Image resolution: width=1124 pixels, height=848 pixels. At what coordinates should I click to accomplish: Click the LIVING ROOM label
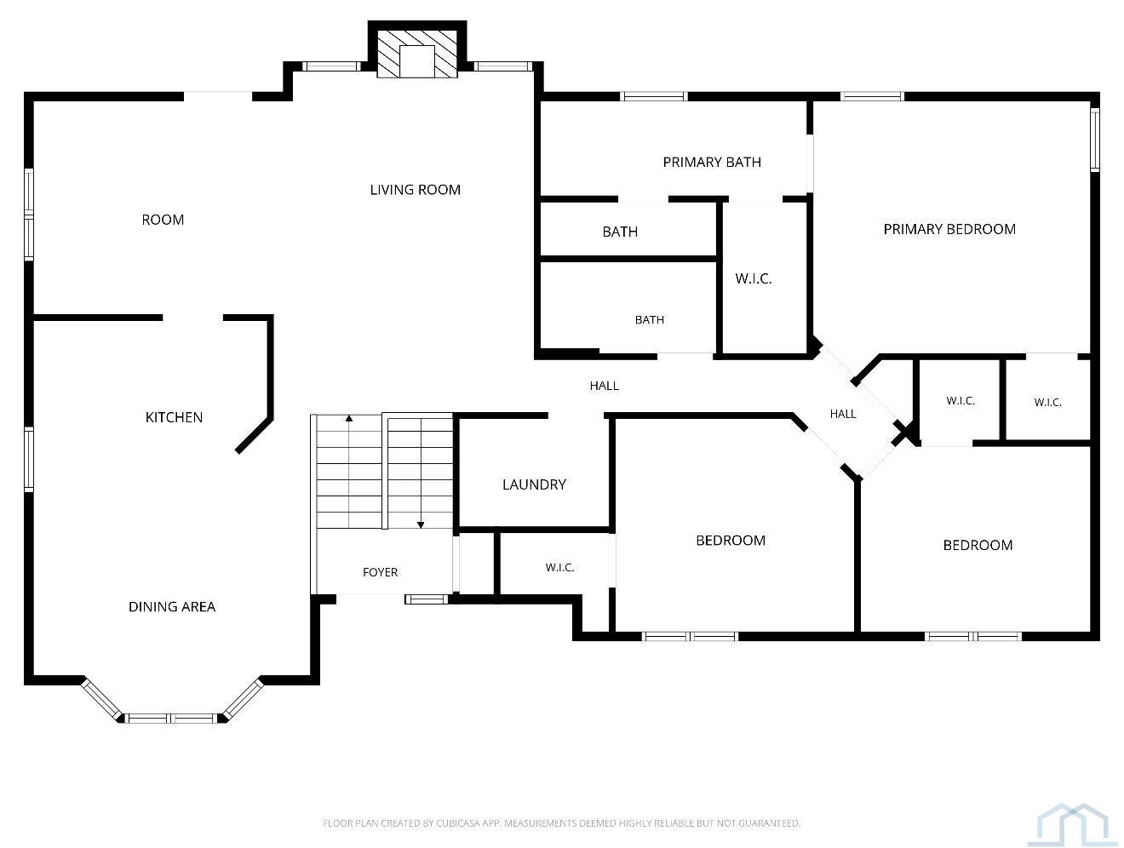click(415, 190)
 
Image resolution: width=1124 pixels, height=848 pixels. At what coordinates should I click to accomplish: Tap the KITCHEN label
click(174, 417)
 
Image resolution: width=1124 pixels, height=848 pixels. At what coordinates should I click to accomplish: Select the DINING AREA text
click(171, 606)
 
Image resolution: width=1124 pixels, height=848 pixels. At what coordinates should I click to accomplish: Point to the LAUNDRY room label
click(534, 484)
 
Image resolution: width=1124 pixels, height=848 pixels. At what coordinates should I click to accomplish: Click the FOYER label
click(380, 572)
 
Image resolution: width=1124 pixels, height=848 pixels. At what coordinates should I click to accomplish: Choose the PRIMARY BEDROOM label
click(949, 229)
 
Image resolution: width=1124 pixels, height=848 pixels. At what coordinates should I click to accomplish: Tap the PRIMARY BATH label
click(711, 163)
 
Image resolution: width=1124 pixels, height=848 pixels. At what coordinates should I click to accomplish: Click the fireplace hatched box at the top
click(417, 54)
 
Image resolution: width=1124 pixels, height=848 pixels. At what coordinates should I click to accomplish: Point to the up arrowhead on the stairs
click(349, 418)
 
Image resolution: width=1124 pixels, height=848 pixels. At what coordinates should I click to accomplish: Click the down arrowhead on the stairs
click(421, 525)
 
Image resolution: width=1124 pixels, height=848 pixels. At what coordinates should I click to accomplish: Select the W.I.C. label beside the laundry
click(559, 567)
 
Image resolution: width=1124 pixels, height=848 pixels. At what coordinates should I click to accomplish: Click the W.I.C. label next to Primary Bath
click(753, 278)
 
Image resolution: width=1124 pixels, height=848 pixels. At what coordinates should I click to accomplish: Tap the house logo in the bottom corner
click(1072, 824)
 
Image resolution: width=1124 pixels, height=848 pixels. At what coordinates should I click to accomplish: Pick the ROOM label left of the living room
click(163, 220)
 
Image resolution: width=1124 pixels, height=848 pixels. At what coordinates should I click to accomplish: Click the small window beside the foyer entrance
click(426, 599)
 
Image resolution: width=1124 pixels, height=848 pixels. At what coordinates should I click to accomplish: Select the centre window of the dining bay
click(171, 718)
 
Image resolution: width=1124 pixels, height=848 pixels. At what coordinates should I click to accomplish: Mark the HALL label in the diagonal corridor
click(842, 414)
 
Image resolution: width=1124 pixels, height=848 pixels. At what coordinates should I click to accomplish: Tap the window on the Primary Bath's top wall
click(653, 96)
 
